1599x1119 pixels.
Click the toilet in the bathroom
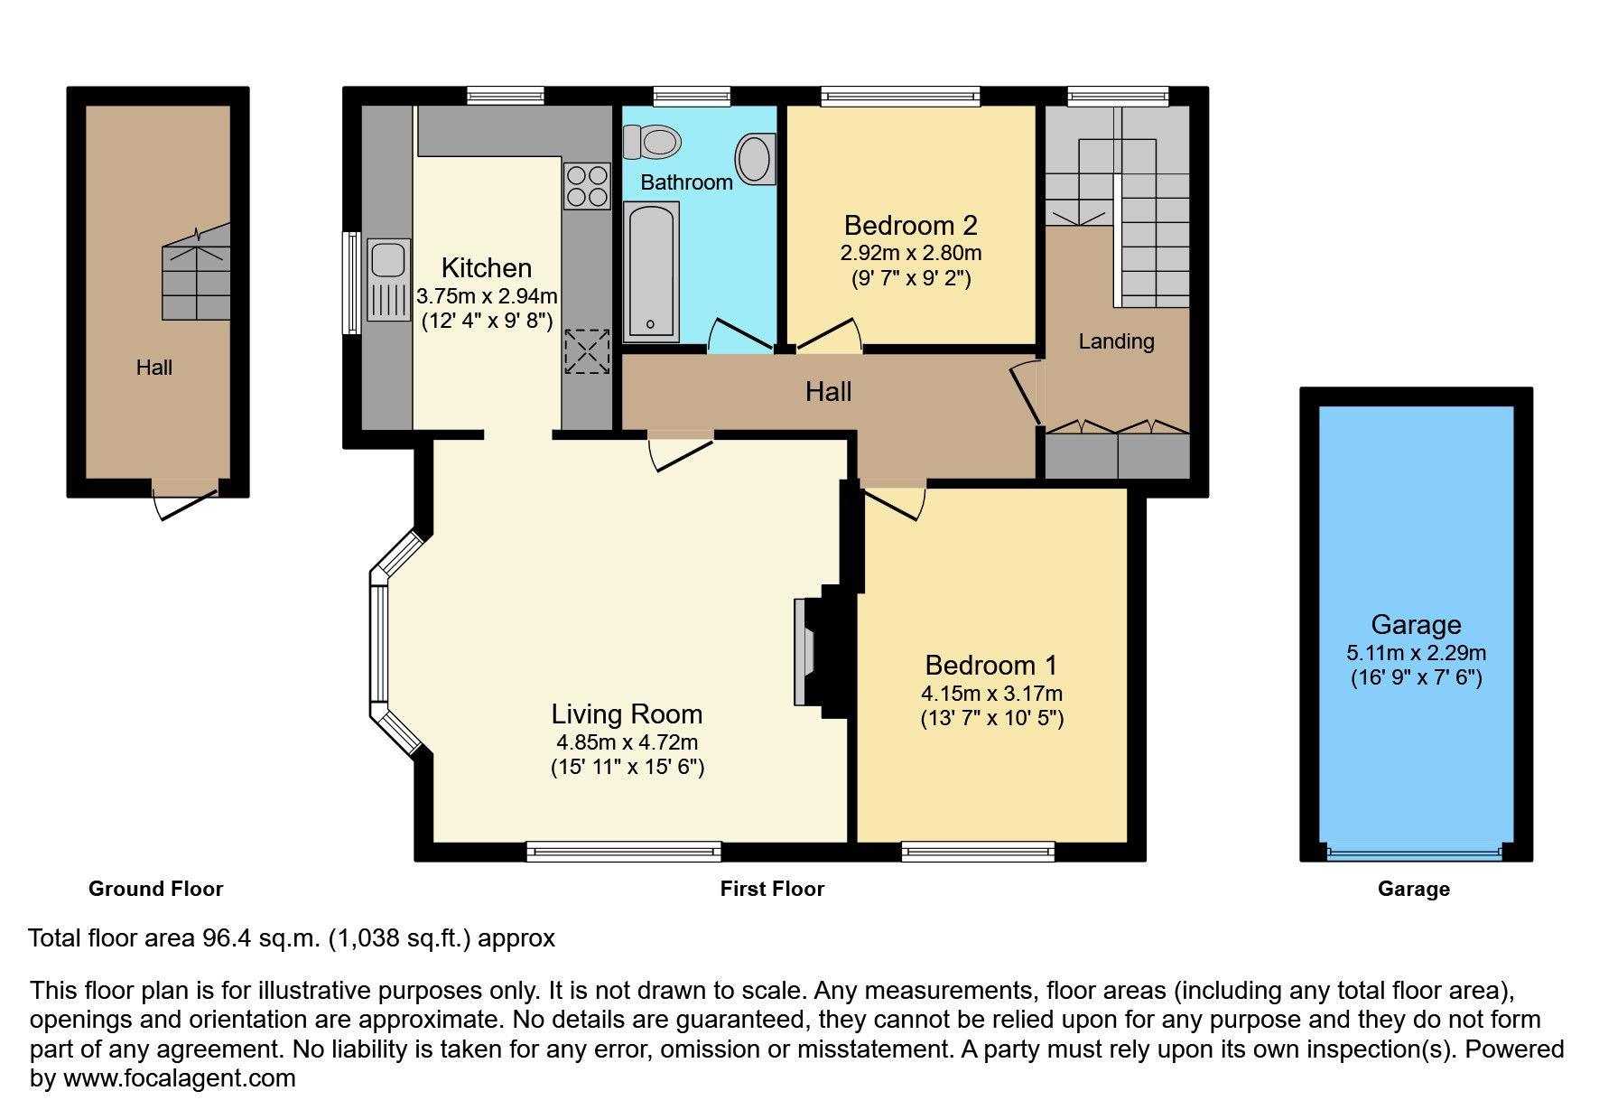[653, 142]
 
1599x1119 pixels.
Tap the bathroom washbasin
[756, 159]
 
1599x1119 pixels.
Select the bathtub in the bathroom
[651, 271]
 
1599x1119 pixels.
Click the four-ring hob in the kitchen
[587, 186]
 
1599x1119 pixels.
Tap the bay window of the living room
[379, 643]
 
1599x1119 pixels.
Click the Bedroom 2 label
[910, 225]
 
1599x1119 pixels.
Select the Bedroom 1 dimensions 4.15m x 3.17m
[991, 694]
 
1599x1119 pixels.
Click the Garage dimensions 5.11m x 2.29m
[1416, 653]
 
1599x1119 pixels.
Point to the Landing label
[1116, 341]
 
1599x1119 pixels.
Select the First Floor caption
[772, 889]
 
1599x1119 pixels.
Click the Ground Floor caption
[155, 889]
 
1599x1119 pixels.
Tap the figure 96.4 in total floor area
[224, 938]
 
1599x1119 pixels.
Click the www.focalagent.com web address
[179, 1078]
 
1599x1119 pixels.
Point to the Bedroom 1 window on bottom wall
[978, 851]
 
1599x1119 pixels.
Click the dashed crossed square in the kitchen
[587, 351]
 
